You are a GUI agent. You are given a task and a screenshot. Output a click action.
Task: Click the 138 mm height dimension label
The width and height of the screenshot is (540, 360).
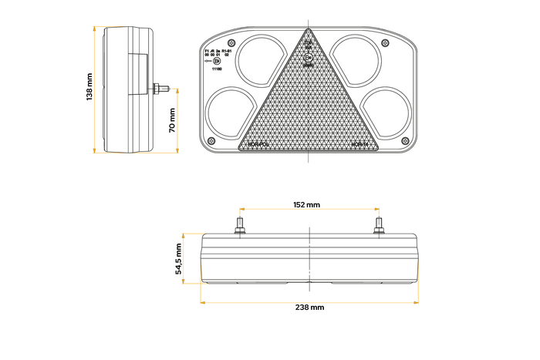click(x=89, y=87)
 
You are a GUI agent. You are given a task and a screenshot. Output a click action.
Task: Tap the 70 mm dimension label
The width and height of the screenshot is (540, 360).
click(x=172, y=119)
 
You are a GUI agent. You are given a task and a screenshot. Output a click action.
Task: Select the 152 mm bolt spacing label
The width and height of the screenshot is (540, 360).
click(x=307, y=205)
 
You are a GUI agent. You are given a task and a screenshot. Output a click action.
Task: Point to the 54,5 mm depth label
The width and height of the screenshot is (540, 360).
click(x=178, y=259)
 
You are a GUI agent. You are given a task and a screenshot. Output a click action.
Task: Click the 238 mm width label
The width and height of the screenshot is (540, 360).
click(x=309, y=307)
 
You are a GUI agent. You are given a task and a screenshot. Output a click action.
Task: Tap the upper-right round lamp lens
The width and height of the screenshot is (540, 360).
click(x=356, y=56)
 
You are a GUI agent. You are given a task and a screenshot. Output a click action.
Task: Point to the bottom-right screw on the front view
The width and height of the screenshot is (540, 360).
click(x=406, y=140)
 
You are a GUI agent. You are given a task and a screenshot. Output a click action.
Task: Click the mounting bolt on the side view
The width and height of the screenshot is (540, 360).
click(x=162, y=88)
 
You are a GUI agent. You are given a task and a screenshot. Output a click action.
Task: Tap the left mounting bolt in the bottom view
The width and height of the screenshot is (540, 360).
click(x=241, y=227)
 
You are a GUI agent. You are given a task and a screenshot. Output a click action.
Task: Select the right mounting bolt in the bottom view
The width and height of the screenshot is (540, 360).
click(x=378, y=227)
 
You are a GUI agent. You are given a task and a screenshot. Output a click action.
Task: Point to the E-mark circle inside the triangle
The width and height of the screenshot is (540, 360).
click(x=309, y=59)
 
